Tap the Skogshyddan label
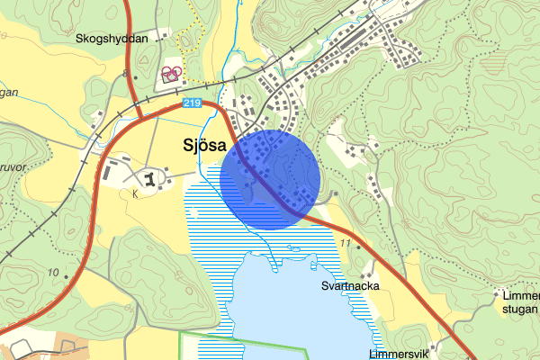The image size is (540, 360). pyautogui.click(x=111, y=39)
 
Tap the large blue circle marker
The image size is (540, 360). pyautogui.click(x=271, y=178)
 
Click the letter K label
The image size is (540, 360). pyautogui.click(x=136, y=193)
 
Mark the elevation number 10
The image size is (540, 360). pyautogui.click(x=53, y=272)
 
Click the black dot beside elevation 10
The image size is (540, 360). pyautogui.click(x=67, y=274)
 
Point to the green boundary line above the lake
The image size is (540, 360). pyautogui.click(x=243, y=336)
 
